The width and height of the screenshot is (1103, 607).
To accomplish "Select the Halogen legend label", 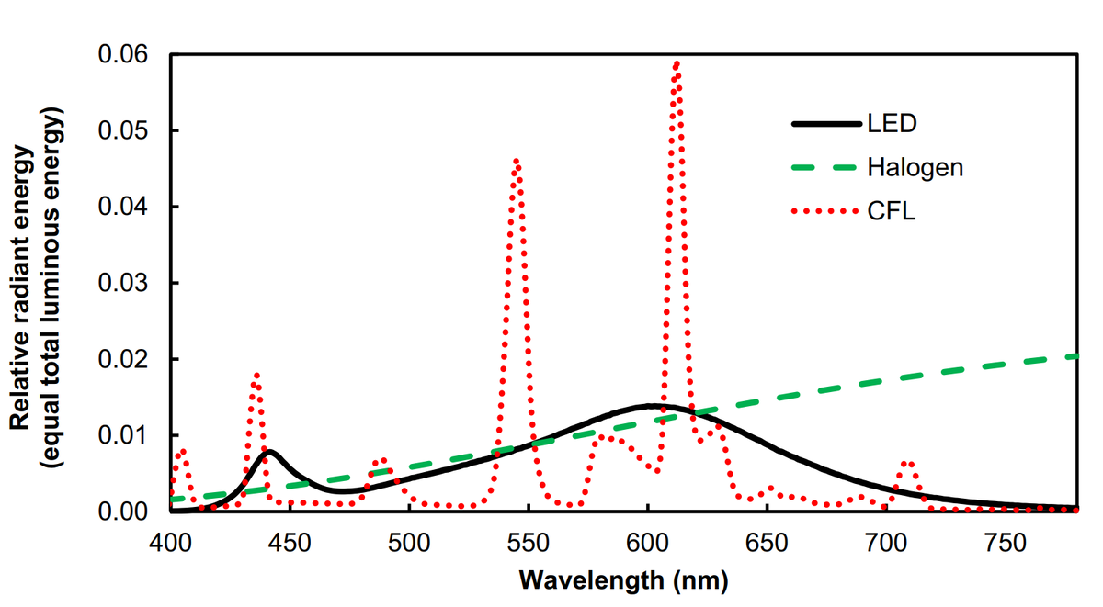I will click(915, 167).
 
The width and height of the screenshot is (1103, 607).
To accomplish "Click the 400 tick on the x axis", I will click(170, 544).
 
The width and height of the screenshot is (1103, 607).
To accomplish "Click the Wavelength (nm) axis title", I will click(623, 580).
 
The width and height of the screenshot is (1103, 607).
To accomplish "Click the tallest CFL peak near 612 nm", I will click(677, 63).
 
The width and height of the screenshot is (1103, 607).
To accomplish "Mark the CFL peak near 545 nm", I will click(517, 161).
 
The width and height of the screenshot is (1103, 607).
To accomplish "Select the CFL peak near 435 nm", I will click(256, 375).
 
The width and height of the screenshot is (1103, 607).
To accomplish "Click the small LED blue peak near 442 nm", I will click(269, 452).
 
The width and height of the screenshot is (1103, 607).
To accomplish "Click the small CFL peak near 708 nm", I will click(908, 462).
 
